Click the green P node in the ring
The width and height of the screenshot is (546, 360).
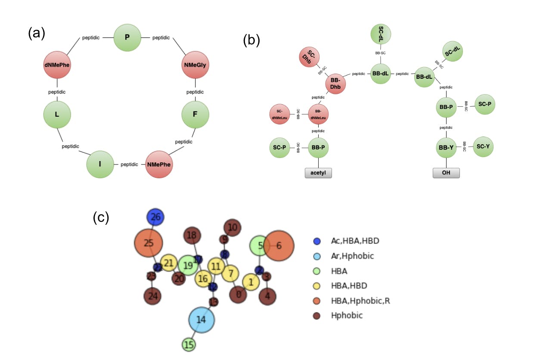(x=127, y=37)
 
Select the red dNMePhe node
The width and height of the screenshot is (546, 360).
(x=57, y=65)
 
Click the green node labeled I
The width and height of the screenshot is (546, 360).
(x=100, y=164)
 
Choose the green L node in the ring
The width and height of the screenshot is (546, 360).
(x=57, y=115)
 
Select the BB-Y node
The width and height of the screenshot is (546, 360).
(x=446, y=147)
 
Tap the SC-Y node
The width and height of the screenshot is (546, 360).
(x=484, y=147)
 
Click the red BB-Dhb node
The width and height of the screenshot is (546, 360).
(x=332, y=84)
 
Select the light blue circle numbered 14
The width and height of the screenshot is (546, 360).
(x=201, y=320)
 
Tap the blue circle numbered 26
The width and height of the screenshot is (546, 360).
(x=155, y=217)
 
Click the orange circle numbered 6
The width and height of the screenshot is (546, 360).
(x=279, y=246)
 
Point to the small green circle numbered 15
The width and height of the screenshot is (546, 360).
(x=189, y=344)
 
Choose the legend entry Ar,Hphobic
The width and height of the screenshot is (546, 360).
(x=352, y=256)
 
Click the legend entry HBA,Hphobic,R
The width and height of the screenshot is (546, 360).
(x=360, y=300)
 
